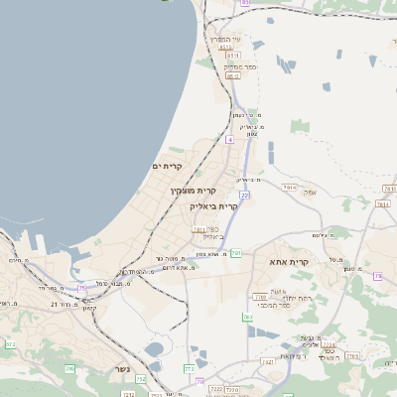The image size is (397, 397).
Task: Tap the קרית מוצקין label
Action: tap(193, 189)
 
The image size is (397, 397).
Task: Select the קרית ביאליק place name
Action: tap(214, 206)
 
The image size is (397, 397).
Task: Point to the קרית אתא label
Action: tap(290, 262)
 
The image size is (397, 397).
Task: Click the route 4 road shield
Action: tap(229, 140)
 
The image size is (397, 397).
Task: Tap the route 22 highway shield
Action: tap(243, 196)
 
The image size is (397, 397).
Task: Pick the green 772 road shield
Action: tap(10, 344)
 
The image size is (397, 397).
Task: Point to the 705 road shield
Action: tap(69, 368)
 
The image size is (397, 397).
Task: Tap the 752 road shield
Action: tap(141, 379)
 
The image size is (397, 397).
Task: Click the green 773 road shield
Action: tap(190, 368)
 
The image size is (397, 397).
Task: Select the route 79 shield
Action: tap(199, 381)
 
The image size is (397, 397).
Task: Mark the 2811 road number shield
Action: tap(199, 229)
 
